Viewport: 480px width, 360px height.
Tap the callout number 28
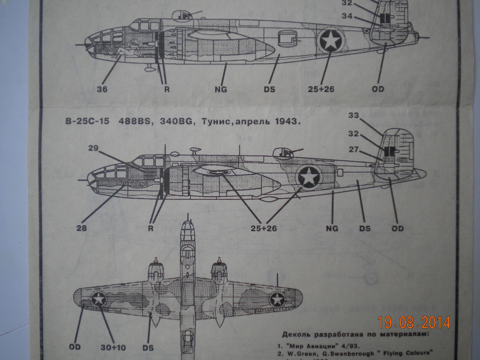pyautogui.click(x=81, y=228)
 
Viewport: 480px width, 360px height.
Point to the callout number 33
pyautogui.click(x=354, y=115)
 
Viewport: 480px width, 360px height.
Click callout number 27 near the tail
pyautogui.click(x=354, y=149)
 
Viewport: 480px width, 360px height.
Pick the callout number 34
pyautogui.click(x=347, y=16)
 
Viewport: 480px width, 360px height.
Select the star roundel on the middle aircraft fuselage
pyautogui.click(x=310, y=178)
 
